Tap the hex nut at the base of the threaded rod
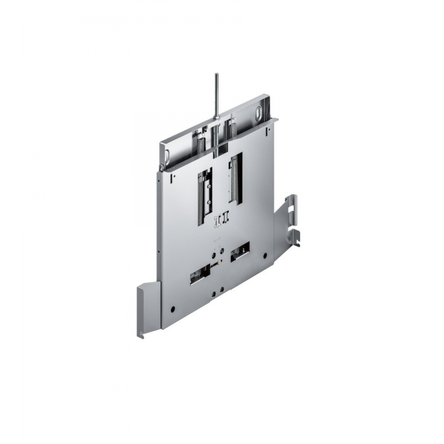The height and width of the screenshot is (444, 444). coord(216,118)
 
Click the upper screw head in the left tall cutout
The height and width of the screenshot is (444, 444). coord(209,187)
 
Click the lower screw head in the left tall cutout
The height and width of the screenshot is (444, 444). coord(210,202)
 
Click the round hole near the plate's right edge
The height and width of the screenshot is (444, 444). coord(265,255)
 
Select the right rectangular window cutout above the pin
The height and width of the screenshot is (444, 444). coord(240,252)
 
